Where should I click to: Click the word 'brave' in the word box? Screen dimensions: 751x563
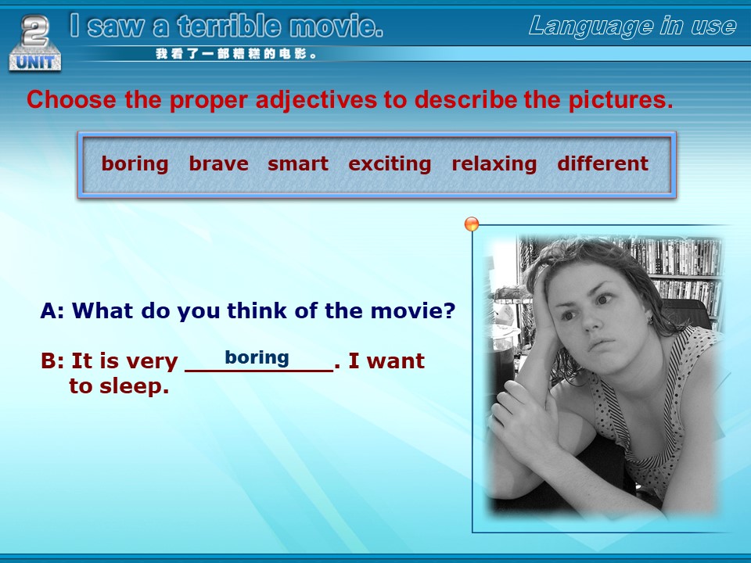tap(218, 163)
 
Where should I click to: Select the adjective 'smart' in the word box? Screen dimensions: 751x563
tap(298, 163)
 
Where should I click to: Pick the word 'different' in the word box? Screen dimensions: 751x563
tap(602, 163)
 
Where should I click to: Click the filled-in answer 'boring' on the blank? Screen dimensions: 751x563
tap(257, 357)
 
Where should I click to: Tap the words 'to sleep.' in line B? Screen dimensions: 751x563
tap(119, 386)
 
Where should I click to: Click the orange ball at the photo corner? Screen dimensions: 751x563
tap(472, 224)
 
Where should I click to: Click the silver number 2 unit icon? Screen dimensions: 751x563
tap(35, 42)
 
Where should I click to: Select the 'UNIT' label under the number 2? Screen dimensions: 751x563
tap(35, 63)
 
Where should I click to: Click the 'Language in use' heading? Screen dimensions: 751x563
tap(632, 27)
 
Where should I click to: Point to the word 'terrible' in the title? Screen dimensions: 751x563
tap(228, 26)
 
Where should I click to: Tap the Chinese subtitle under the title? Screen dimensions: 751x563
tap(235, 54)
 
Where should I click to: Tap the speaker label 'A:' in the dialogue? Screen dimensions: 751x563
tap(52, 310)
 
